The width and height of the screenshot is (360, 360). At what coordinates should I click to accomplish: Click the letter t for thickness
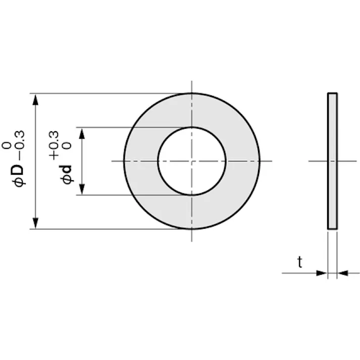[x=300, y=262]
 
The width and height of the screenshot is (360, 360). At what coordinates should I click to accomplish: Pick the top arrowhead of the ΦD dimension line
[x=35, y=99]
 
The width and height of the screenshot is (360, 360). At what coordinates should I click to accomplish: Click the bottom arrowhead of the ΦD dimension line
[x=35, y=223]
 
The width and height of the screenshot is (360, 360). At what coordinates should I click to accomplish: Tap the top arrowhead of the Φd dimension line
[x=82, y=133]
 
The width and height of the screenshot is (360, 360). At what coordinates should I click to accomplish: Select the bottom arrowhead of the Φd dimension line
[x=82, y=189]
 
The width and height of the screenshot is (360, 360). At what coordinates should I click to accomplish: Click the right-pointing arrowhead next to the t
[x=322, y=273]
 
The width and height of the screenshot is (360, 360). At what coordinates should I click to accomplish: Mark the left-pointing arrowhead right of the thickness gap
[x=343, y=273]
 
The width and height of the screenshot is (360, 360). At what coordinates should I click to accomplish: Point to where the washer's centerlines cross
[x=191, y=161]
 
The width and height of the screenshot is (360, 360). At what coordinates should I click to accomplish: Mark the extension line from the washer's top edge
[x=101, y=93]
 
